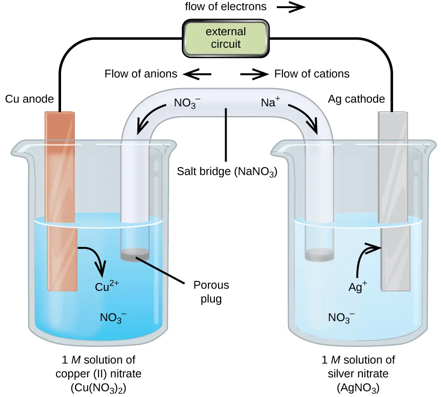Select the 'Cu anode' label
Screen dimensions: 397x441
(29, 99)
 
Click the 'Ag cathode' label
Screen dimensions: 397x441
(356, 99)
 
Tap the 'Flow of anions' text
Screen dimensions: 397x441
(141, 74)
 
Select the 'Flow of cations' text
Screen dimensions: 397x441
(312, 74)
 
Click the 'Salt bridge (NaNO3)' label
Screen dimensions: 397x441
(227, 172)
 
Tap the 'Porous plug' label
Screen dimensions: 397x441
(211, 292)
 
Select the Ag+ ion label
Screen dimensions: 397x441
(357, 286)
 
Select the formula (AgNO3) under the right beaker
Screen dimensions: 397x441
(358, 387)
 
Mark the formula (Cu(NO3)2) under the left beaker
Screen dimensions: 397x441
(98, 387)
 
